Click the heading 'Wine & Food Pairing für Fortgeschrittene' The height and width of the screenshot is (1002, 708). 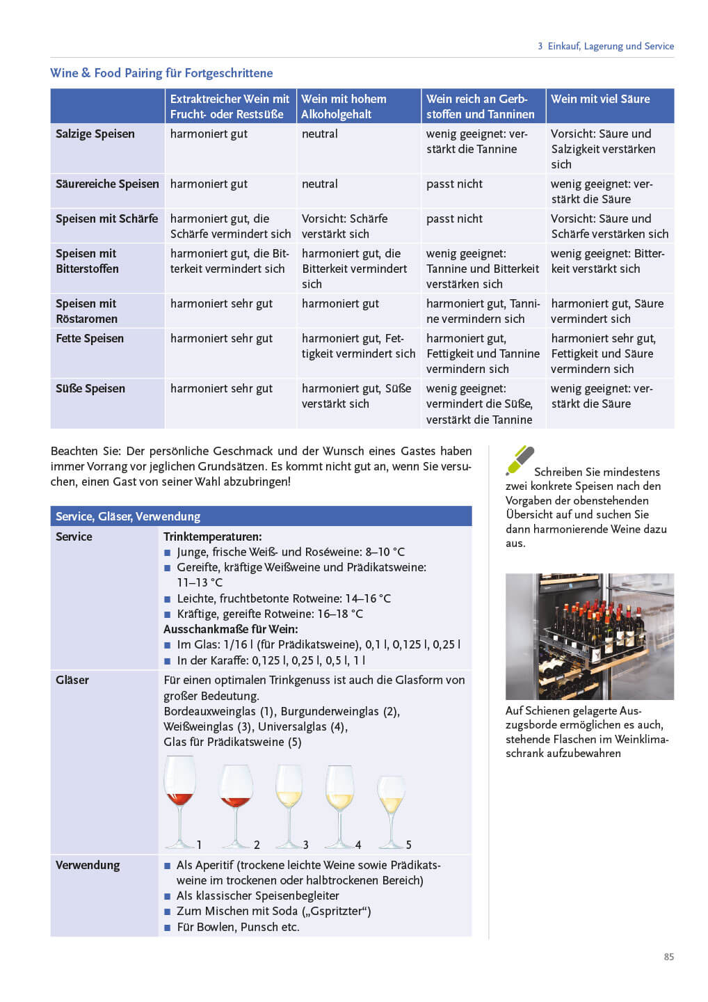coord(161,73)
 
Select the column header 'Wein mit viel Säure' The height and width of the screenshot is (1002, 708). coord(600,100)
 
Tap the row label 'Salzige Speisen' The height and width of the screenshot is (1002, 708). coord(95,134)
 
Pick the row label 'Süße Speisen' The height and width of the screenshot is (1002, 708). coord(90,389)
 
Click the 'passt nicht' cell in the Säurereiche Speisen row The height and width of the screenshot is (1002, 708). coord(454,184)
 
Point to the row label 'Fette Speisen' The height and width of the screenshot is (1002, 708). coord(90,339)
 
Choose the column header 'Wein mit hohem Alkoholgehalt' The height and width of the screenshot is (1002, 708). coord(344,106)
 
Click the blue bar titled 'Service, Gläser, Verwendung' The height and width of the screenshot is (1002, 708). coord(261,516)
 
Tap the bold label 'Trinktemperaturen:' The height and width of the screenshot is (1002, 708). coord(213,537)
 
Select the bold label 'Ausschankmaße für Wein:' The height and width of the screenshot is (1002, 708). coord(230,629)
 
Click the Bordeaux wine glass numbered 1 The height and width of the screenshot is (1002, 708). coord(180,800)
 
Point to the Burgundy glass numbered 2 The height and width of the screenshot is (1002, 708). coord(235,804)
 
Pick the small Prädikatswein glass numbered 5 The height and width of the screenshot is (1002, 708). coord(391,811)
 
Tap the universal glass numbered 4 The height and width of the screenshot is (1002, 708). coord(339,804)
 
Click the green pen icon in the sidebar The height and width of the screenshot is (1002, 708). coord(520,460)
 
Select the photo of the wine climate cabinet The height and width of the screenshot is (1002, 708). coord(589,636)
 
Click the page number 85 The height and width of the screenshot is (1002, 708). coord(668,957)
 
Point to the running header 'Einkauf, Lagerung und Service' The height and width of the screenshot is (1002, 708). coord(610,47)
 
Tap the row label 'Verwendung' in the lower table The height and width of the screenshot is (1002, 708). coord(88,866)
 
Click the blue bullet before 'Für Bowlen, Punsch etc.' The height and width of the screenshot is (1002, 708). coord(168,928)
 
